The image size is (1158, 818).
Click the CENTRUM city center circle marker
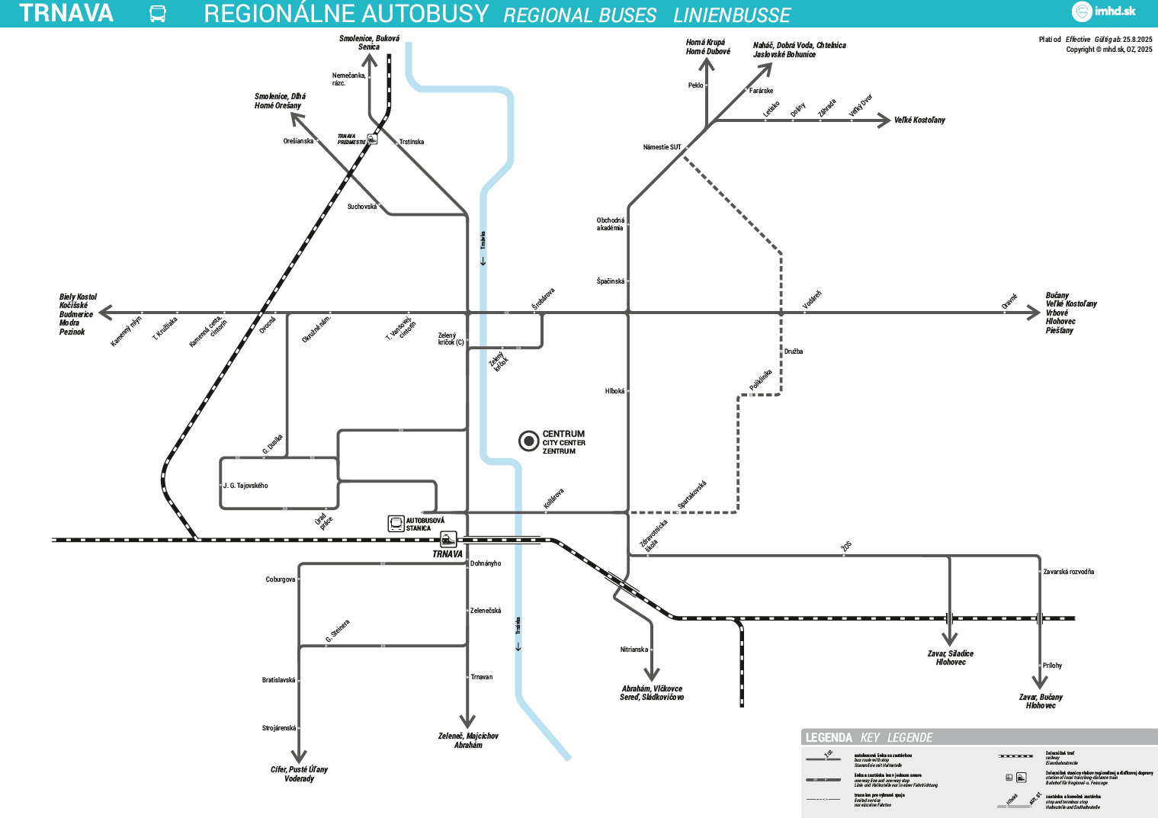click(x=528, y=441)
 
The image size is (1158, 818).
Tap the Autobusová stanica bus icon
click(x=396, y=524)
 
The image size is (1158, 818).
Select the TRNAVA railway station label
click(x=447, y=554)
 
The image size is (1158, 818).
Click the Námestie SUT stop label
click(x=662, y=147)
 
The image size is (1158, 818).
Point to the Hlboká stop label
click(x=614, y=391)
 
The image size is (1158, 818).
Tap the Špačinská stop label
click(x=610, y=281)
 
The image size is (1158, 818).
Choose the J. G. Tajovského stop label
click(x=245, y=486)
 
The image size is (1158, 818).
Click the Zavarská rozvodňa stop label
click(x=1068, y=572)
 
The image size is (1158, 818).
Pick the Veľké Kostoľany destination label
click(x=919, y=120)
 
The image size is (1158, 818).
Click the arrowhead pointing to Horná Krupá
click(x=707, y=63)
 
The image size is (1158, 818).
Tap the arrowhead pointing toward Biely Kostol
click(x=105, y=313)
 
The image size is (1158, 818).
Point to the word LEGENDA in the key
click(x=829, y=737)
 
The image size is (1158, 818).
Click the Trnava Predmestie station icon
click(x=372, y=139)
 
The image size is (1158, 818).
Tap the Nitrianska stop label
click(x=634, y=650)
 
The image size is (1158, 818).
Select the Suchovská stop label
click(x=362, y=207)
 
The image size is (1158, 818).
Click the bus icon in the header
click(x=158, y=14)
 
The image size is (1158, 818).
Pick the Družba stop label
click(x=794, y=351)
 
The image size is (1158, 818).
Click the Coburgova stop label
click(x=280, y=579)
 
